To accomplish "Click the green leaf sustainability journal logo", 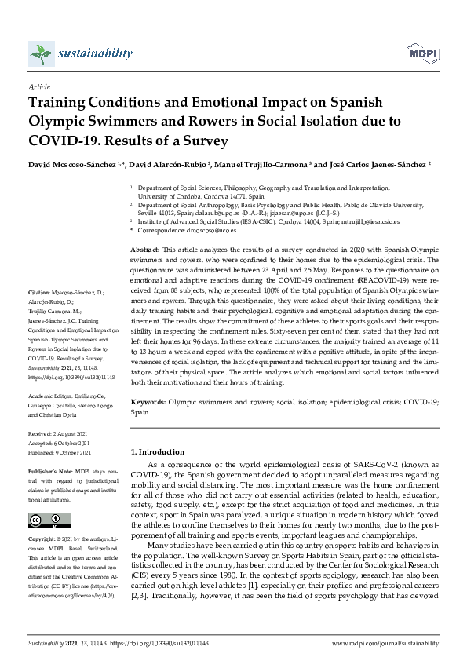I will (x=41, y=54).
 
